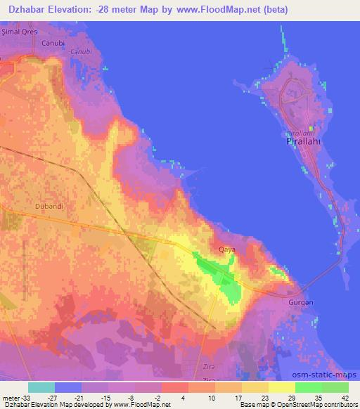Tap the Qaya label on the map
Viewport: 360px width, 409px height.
point(227,249)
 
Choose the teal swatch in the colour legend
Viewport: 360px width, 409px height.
point(41,387)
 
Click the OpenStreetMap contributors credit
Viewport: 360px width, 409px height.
point(321,405)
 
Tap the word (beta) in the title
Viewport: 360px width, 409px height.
point(273,10)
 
